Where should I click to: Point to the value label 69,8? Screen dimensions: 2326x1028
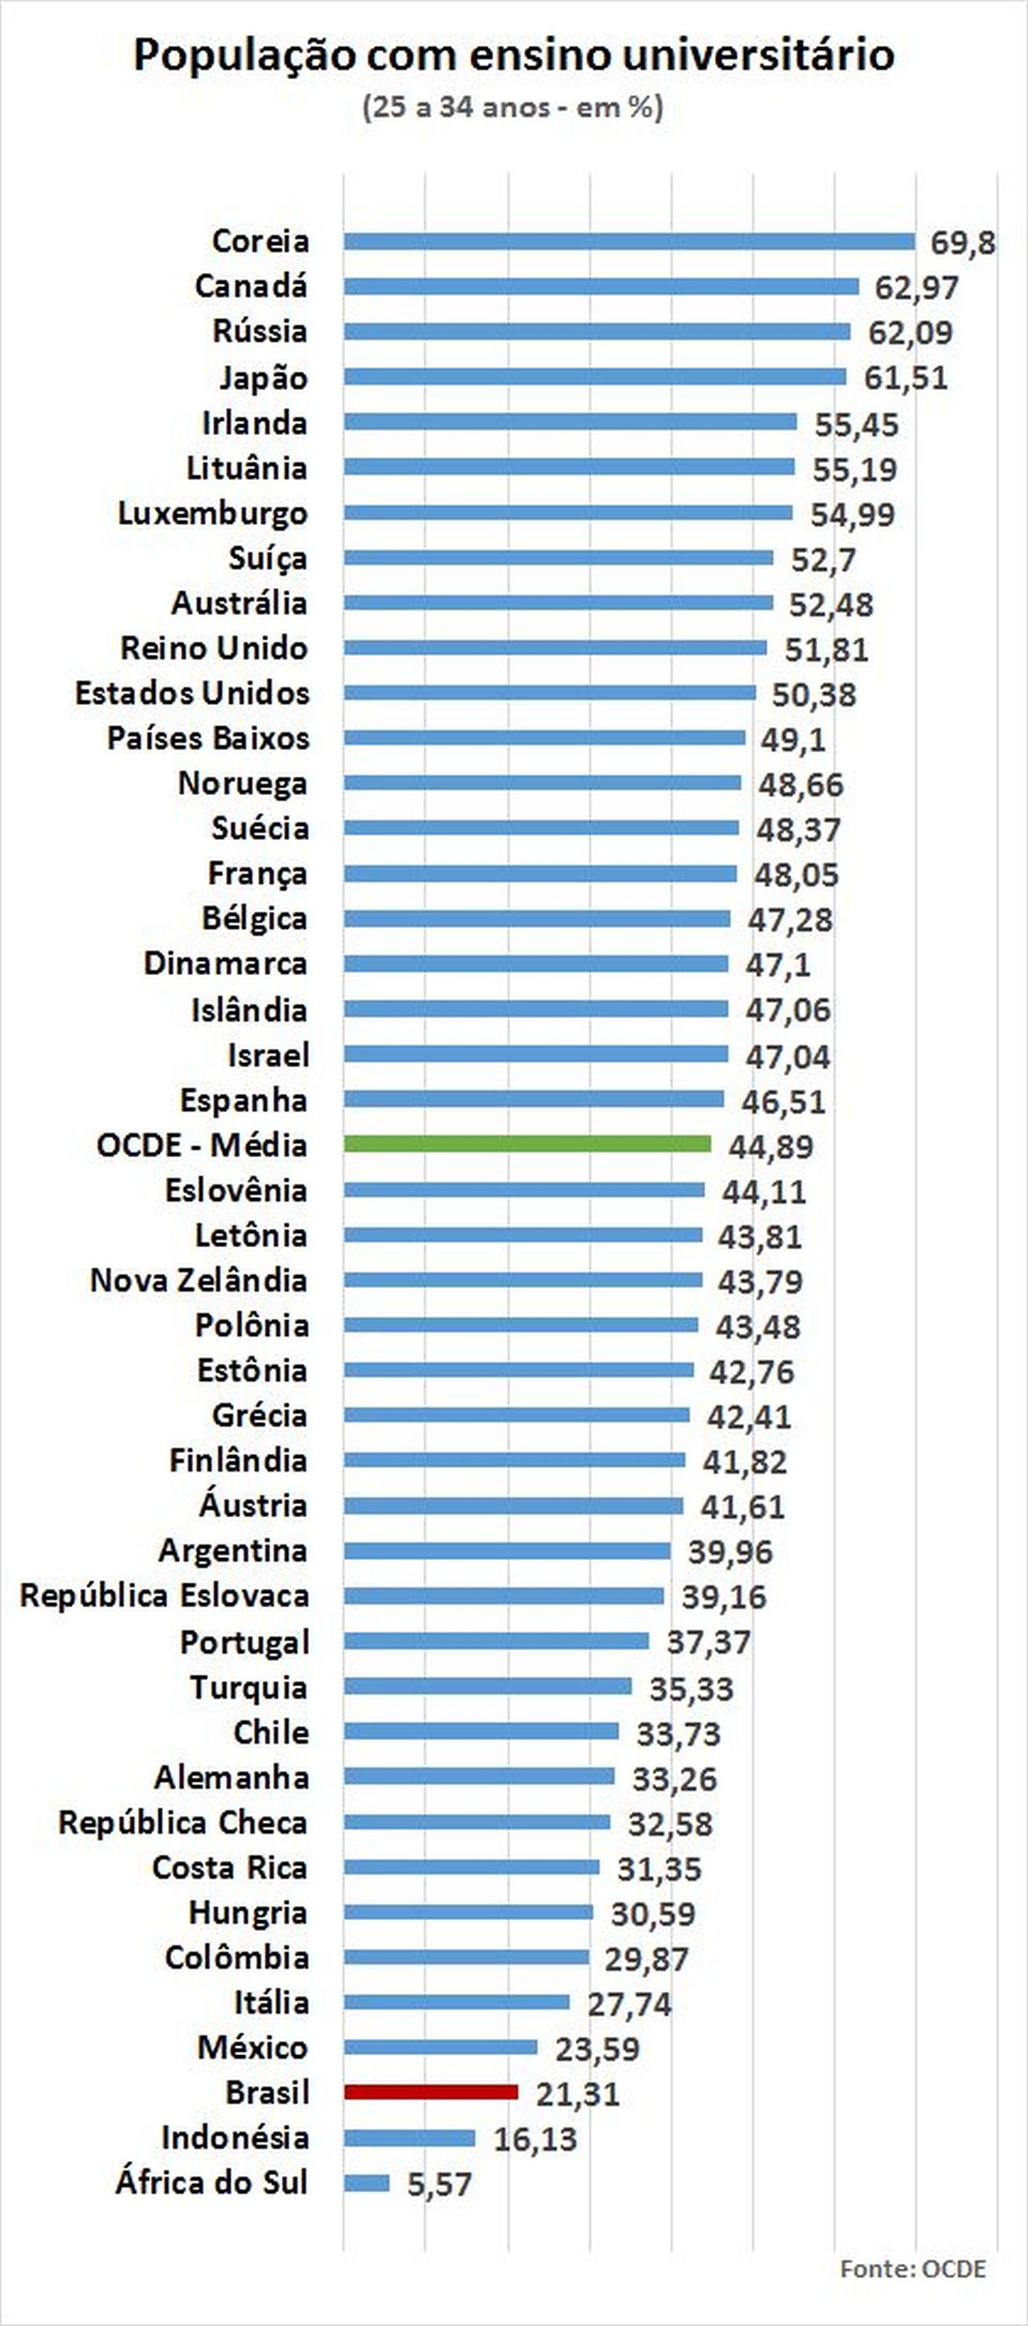963,243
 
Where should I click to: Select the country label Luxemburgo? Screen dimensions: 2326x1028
212,513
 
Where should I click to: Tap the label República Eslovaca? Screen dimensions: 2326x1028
164,1595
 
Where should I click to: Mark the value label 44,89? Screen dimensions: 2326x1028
770,1146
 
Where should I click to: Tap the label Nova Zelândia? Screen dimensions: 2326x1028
198,1280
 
